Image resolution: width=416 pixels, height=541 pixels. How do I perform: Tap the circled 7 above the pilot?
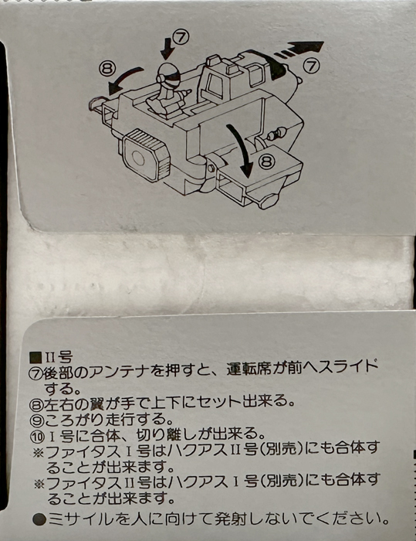point(181,37)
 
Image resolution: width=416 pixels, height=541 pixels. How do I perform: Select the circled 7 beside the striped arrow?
point(311,66)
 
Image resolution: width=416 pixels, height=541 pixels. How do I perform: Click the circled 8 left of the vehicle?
point(107,69)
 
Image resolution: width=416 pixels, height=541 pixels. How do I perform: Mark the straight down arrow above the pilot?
point(167,48)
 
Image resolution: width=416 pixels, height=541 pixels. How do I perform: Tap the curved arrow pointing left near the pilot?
point(123,80)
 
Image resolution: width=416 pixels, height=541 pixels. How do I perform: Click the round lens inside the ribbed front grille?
point(139,158)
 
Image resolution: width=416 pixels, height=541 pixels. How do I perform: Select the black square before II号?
point(36,357)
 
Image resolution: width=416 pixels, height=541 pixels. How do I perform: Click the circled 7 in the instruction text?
point(36,374)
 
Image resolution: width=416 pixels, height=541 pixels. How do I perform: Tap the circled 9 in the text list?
point(36,420)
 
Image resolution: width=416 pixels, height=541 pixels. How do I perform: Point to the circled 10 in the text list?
point(37,437)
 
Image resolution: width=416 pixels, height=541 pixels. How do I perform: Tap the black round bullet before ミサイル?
point(39,519)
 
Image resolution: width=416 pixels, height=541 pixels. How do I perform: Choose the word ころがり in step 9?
point(73,419)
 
